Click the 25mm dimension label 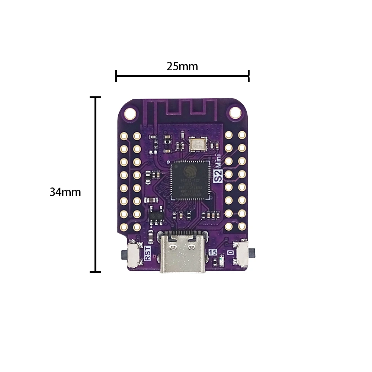tap(182, 67)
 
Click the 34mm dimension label tap(65, 192)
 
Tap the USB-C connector tap(183, 253)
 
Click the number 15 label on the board tap(213, 252)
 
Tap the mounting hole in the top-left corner tap(130, 112)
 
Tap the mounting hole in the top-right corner tap(235, 112)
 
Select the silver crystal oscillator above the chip tap(197, 144)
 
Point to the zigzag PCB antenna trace tap(186, 108)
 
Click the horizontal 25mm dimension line tap(182, 76)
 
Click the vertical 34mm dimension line tap(96, 184)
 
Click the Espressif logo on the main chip tap(190, 171)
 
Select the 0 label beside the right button tap(231, 252)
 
